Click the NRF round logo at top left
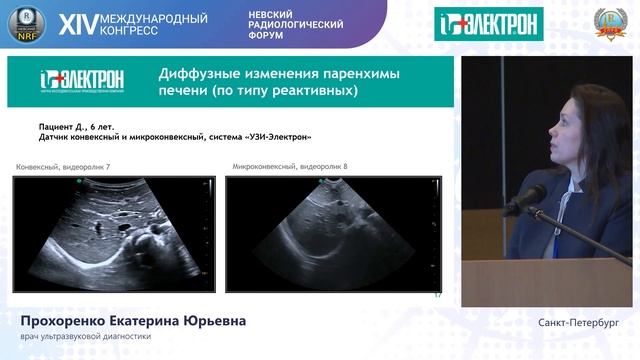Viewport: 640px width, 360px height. click(x=27, y=24)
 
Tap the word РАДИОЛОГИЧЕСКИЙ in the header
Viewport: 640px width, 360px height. click(x=296, y=24)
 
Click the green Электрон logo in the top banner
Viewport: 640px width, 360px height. click(x=489, y=23)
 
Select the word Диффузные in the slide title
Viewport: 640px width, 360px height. click(x=204, y=74)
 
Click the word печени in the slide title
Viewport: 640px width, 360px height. click(x=187, y=92)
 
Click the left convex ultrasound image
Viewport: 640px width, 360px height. click(x=114, y=233)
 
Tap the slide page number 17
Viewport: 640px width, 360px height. click(x=437, y=295)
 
